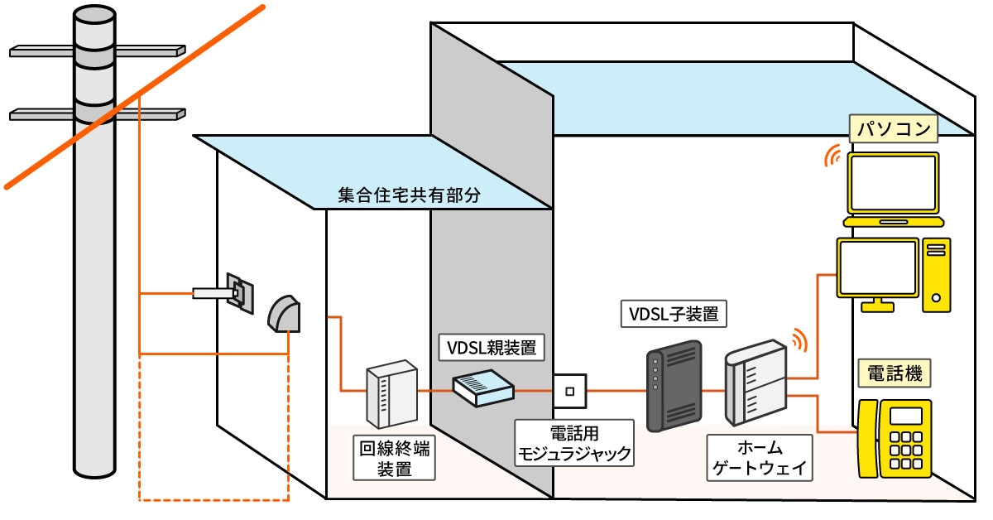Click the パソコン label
pos(893,129)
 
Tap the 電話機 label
pos(893,373)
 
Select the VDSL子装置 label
pos(674,314)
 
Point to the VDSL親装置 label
pos(491,348)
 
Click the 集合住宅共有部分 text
pos(409,195)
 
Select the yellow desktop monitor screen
pos(877,267)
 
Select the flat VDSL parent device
pos(482,387)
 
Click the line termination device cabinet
pos(391,395)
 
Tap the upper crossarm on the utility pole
pos(98,51)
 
